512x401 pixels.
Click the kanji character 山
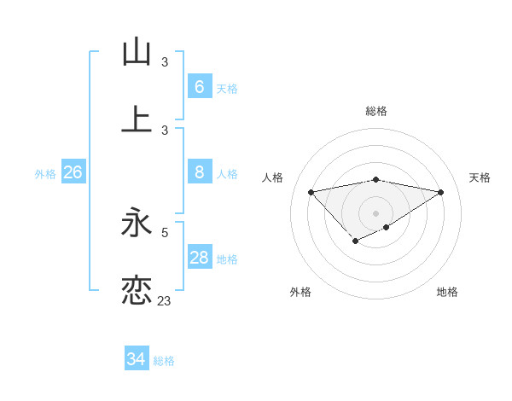point(137,52)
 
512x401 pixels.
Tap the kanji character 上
point(137,119)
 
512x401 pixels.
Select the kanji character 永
point(137,224)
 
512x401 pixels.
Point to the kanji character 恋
point(137,291)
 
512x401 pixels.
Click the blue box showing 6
point(199,87)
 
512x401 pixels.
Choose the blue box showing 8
point(199,173)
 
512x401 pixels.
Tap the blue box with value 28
point(199,258)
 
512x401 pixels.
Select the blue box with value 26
point(73,173)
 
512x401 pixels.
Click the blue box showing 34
point(136,359)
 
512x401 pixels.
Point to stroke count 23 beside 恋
point(164,300)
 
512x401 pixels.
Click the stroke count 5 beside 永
point(165,232)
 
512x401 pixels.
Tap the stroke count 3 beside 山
point(165,62)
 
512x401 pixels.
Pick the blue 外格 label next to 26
point(45,174)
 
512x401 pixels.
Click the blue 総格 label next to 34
point(164,361)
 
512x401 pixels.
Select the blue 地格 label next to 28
point(227,259)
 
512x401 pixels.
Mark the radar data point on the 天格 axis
point(441,192)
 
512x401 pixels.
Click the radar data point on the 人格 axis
point(311,192)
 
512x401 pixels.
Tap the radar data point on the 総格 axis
point(376,179)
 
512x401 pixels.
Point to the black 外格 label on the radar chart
point(300,292)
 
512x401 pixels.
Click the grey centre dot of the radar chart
point(376,212)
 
